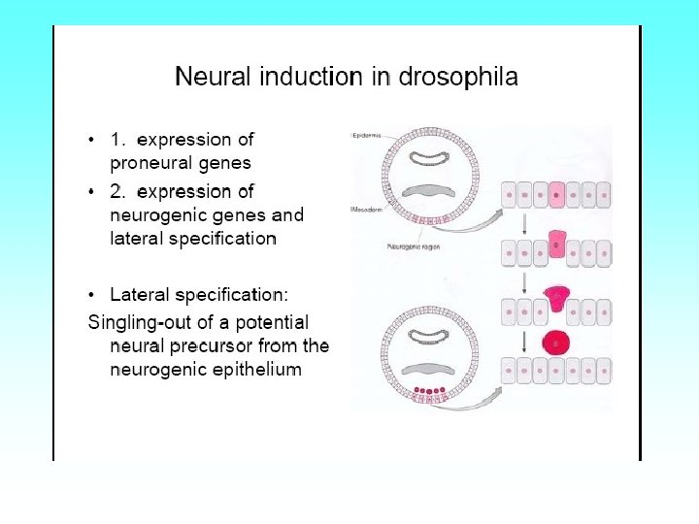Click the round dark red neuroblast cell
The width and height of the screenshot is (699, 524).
[x=555, y=343]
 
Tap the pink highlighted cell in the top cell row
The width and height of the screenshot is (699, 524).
[x=556, y=195]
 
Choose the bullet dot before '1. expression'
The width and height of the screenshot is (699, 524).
[x=91, y=141]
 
